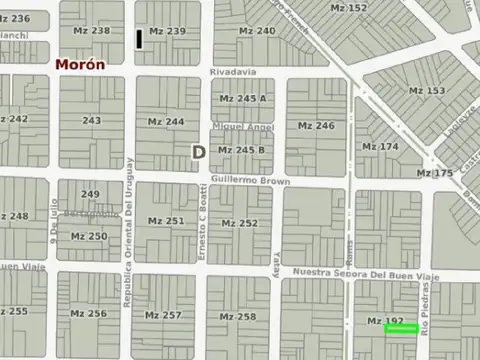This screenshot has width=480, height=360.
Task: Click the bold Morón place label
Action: pos(80,64)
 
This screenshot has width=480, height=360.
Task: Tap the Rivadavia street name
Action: pos(233,72)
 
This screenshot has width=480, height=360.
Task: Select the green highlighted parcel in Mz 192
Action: pos(400,328)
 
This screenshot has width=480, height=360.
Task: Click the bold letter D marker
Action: pos(198,152)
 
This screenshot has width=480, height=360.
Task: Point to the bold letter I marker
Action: pos(139,39)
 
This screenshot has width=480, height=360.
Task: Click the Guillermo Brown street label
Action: pos(250,182)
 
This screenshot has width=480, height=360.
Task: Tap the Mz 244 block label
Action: pos(166,122)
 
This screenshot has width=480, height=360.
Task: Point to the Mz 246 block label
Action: pos(316,126)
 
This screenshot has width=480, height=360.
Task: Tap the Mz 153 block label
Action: pos(427,91)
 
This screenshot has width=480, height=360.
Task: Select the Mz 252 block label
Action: pos(239,223)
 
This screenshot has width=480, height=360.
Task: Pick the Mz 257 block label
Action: pos(163,315)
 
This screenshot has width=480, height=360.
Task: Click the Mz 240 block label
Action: pos(257,31)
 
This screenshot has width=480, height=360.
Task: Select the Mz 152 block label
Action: pos(349,8)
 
